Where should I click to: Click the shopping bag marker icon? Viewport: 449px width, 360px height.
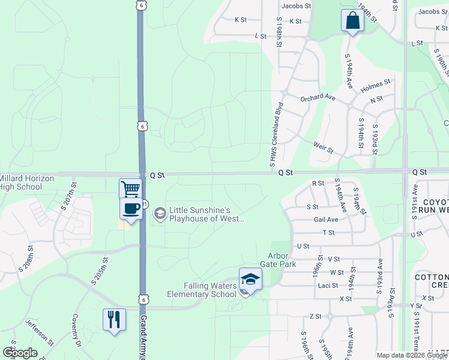point(352,22)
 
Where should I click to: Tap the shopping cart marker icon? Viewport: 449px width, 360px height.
point(130,189)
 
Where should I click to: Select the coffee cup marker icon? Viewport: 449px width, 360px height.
point(131,208)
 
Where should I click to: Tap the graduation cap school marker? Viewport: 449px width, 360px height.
point(250,278)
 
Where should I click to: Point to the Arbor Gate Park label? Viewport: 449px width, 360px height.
point(278,260)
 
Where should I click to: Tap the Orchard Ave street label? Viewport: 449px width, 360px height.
point(318,97)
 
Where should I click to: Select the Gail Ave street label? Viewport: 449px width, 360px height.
point(326,220)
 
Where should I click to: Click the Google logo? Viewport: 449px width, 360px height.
point(20,353)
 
